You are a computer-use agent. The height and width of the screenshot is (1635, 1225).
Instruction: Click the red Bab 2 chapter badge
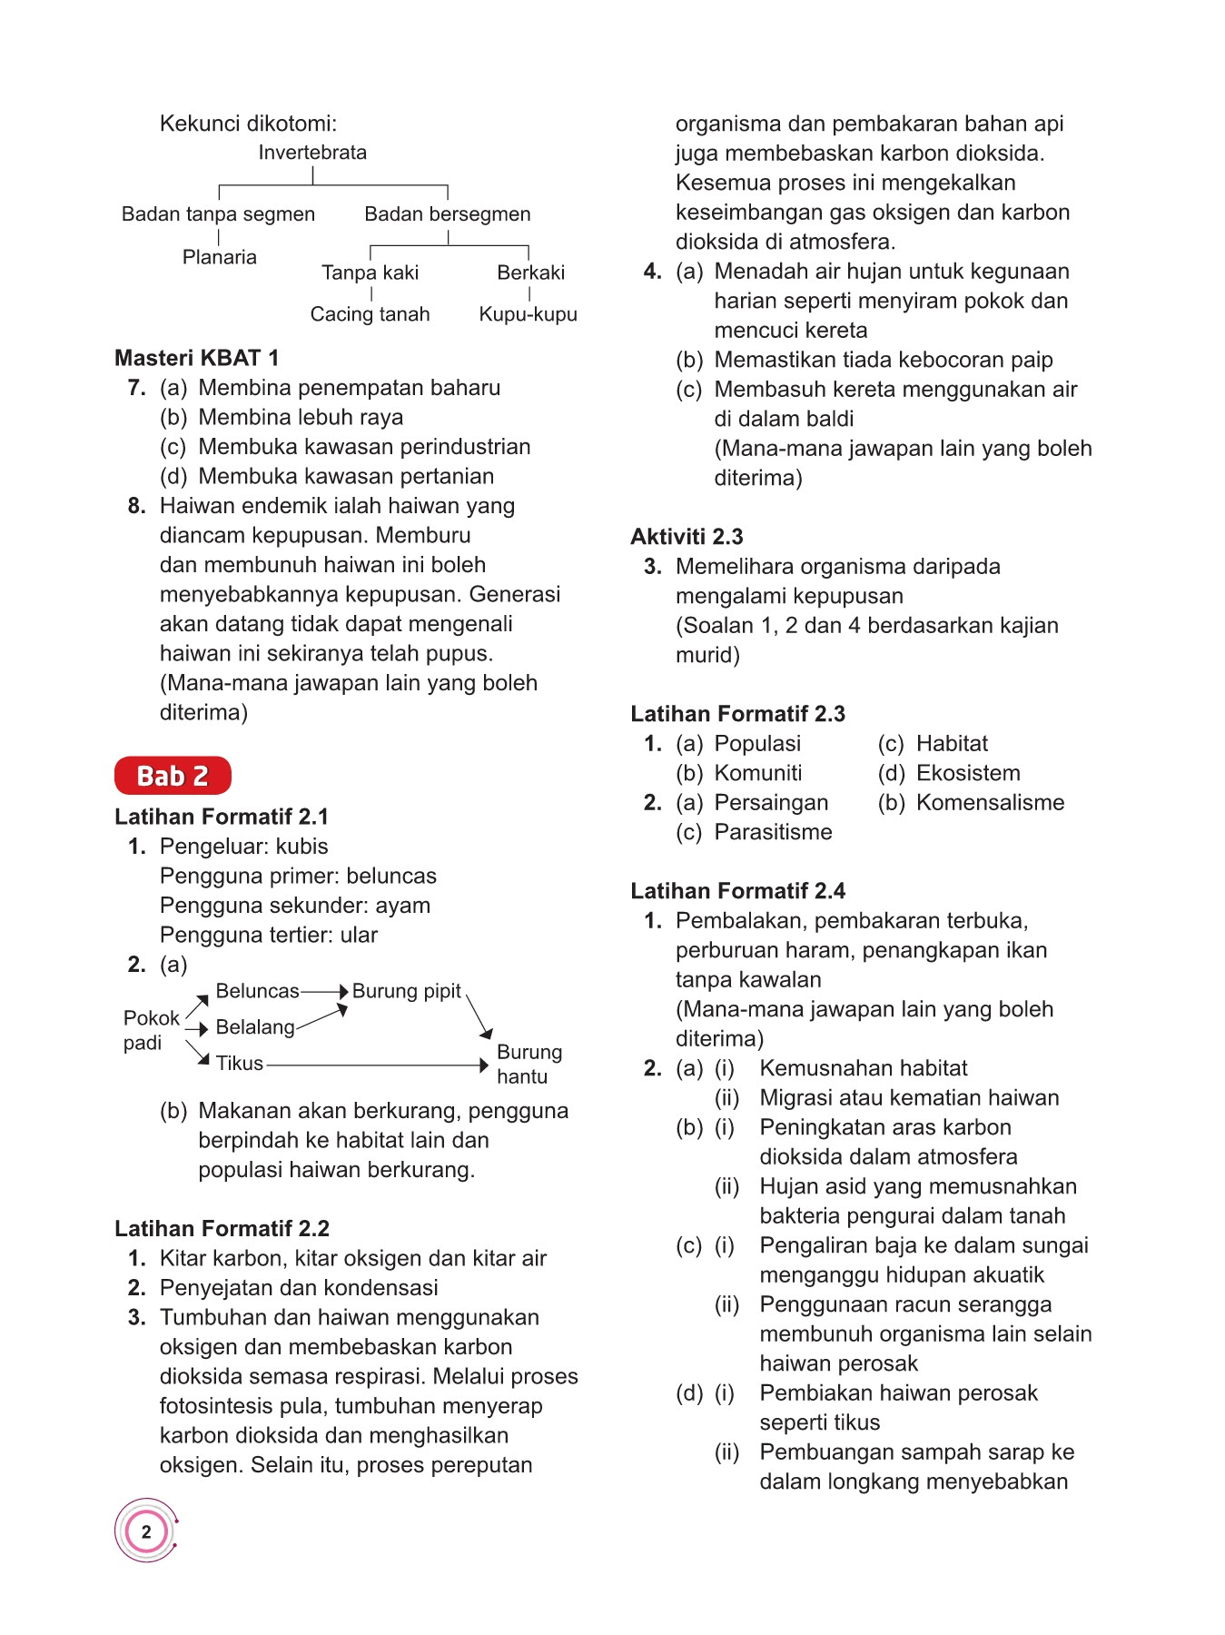173,776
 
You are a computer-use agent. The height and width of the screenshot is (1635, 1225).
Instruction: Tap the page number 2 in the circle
146,1531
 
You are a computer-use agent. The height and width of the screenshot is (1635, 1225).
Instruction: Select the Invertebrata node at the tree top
312,153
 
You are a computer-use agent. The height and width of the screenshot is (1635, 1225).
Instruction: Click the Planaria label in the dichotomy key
219,257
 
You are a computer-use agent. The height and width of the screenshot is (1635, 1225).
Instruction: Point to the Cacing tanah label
370,314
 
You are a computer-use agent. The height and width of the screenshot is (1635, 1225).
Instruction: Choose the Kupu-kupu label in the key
528,314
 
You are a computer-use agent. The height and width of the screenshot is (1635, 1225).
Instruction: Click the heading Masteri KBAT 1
196,358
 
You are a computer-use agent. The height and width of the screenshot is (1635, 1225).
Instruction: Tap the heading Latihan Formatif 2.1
222,817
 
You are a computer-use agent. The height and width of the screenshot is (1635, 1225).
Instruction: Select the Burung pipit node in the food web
406,991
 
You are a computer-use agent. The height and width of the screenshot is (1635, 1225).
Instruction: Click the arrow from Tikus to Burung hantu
377,1065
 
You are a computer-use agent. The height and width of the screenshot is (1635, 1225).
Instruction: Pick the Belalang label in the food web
254,1027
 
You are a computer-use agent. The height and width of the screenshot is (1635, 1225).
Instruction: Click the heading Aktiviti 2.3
687,537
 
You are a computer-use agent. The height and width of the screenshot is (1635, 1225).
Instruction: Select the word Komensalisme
990,803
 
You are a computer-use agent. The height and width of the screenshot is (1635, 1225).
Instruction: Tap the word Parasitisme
773,832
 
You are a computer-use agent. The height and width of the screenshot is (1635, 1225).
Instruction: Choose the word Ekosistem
968,773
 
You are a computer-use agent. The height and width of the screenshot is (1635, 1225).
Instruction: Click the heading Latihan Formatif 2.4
737,891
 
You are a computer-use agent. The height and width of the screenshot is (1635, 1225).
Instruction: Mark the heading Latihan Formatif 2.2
222,1229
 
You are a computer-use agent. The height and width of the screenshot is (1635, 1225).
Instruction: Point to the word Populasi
757,744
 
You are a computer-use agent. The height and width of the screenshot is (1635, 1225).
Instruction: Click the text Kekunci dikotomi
248,124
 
